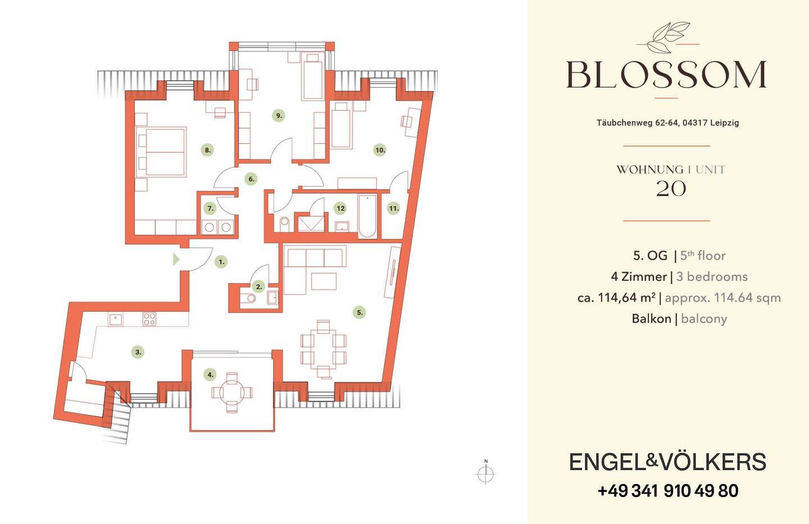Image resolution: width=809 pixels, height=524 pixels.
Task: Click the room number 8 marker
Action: point(208,150)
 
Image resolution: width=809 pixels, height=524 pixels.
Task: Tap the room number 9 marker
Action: point(279,116)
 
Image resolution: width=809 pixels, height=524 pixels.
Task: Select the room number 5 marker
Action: point(360,312)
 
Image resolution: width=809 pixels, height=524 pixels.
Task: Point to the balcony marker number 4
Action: point(211,375)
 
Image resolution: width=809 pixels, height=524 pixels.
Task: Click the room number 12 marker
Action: point(340,208)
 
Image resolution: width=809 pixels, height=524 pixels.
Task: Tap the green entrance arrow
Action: point(176,259)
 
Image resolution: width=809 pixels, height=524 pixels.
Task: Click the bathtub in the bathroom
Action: point(367,216)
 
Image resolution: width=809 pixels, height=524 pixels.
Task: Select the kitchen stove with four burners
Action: point(149,319)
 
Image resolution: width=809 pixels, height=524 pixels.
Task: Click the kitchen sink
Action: point(116,320)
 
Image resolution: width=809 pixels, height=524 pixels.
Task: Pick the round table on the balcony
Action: point(232,393)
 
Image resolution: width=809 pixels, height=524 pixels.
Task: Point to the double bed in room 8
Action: point(161,152)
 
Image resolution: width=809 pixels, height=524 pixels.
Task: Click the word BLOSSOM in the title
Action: point(666,75)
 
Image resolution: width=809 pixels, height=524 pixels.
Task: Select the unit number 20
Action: point(671,189)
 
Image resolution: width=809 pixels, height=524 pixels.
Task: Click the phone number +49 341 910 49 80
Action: point(668,491)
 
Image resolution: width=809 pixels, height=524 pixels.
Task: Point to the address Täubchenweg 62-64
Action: point(638,123)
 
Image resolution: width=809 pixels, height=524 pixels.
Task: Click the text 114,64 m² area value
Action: point(627,298)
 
